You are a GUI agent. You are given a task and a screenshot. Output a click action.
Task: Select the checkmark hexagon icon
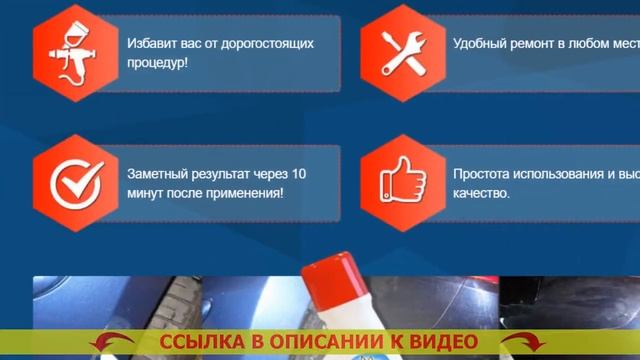[x=76, y=182]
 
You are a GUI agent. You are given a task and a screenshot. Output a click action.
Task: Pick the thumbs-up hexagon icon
[x=403, y=182]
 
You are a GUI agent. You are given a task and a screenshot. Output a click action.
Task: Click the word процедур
[x=156, y=62]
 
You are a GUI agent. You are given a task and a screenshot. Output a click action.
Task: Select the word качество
[x=481, y=192]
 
